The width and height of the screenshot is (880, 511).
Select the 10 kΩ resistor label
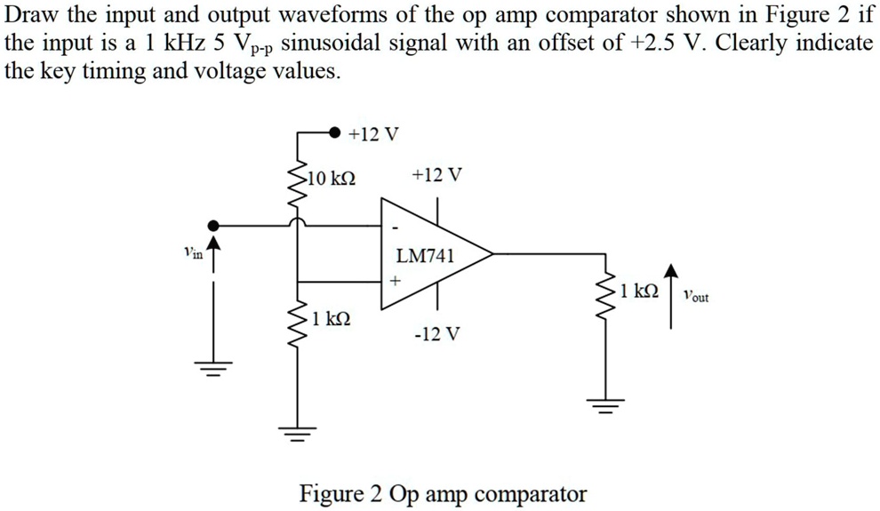[332, 178]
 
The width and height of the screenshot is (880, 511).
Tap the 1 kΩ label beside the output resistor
[640, 290]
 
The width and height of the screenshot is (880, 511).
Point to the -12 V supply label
[437, 335]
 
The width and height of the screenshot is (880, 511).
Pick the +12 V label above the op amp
[437, 175]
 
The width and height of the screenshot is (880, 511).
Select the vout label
[696, 297]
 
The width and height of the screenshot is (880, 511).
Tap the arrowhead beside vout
[672, 272]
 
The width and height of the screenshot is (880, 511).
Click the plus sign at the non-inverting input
[395, 280]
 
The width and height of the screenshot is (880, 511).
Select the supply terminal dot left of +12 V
[333, 132]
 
